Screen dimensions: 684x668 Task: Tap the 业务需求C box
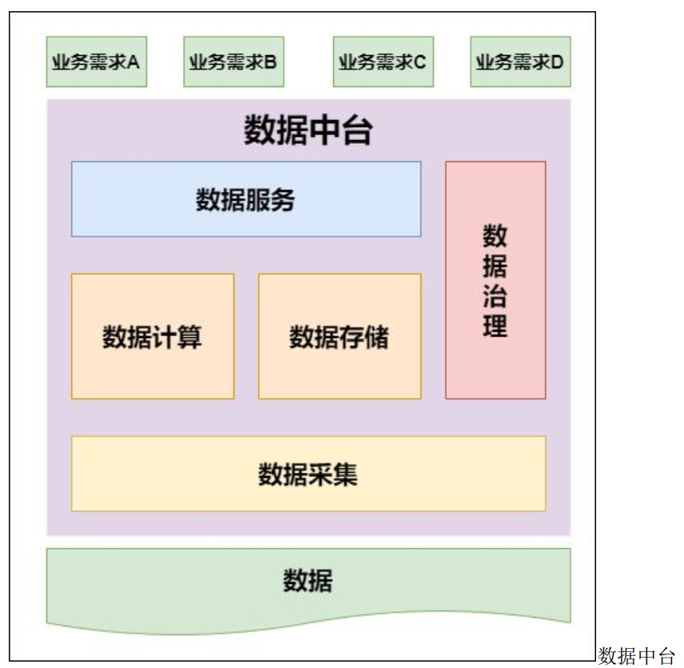point(383,62)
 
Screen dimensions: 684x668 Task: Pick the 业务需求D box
point(520,62)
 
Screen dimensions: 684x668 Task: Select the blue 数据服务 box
point(246,199)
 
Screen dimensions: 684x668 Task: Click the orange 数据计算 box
point(153,336)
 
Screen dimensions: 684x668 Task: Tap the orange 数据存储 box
point(340,336)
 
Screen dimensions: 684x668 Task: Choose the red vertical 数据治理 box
point(495,280)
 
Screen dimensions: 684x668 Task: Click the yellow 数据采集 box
point(308,474)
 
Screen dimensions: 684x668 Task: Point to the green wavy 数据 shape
point(308,582)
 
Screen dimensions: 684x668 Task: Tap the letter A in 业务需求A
point(133,62)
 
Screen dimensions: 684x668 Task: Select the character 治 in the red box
point(495,297)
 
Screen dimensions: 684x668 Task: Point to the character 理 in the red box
point(495,328)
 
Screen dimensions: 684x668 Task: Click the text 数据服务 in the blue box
point(246,199)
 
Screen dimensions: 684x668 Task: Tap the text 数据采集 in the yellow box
point(308,474)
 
